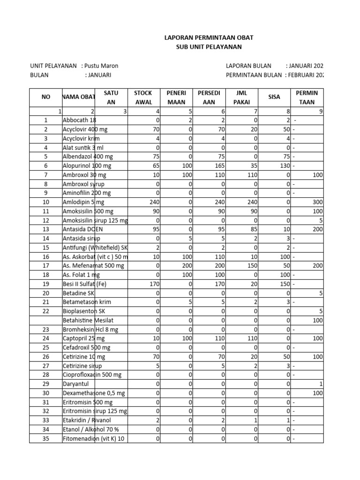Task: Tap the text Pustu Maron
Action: pos(105,66)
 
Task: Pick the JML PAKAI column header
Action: pos(241,97)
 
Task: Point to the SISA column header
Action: pos(274,97)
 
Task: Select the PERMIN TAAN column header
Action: pos(307,97)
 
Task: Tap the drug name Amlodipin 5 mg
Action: pos(83,202)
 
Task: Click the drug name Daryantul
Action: pos(76,384)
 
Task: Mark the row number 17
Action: pos(46,266)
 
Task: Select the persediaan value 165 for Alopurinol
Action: pos(220,165)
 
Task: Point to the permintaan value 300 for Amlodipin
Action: pos(317,202)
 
